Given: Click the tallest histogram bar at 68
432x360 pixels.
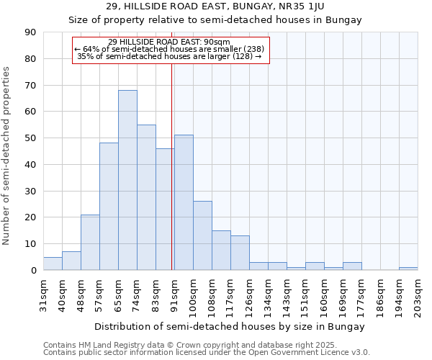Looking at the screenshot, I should tap(127, 180).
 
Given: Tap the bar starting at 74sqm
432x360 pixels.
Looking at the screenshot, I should tap(146, 197).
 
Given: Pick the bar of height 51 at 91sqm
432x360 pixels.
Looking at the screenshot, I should tap(184, 202).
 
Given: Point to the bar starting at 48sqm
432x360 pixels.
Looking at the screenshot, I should tap(90, 242).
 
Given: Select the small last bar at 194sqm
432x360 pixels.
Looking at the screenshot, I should tap(408, 269).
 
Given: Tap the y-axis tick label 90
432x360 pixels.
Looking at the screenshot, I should tap(30, 32).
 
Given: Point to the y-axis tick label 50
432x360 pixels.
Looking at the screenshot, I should tap(30, 138).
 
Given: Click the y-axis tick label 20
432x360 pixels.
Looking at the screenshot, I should tap(30, 217).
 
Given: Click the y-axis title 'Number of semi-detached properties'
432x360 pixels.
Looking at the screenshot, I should tap(7, 156).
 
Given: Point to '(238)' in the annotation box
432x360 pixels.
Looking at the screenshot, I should tap(252, 49).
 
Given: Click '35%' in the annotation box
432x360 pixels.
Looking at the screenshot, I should tap(85, 56).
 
